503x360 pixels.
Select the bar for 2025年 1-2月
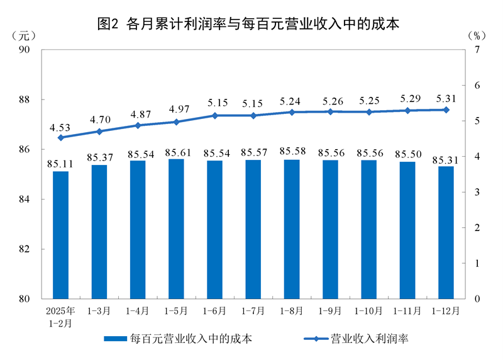(x=60, y=235)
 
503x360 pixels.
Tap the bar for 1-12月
(x=446, y=232)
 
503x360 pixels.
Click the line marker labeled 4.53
(x=60, y=137)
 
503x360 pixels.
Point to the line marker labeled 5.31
(x=446, y=110)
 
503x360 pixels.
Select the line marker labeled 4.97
(x=176, y=121)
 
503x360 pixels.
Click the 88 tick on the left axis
(x=29, y=99)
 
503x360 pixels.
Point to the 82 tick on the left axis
(x=29, y=249)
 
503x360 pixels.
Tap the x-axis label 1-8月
(x=292, y=311)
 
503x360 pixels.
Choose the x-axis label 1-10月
(x=368, y=311)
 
